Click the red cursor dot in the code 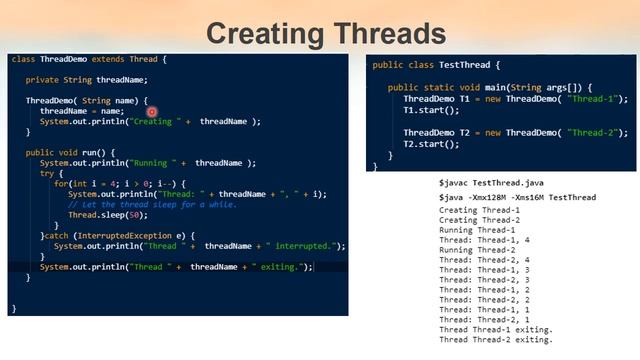tap(152, 112)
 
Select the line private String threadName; tap(86, 80)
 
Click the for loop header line tap(119, 183)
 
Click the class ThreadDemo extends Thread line tap(88, 59)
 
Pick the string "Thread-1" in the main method tap(596, 99)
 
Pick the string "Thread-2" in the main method tap(596, 132)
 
